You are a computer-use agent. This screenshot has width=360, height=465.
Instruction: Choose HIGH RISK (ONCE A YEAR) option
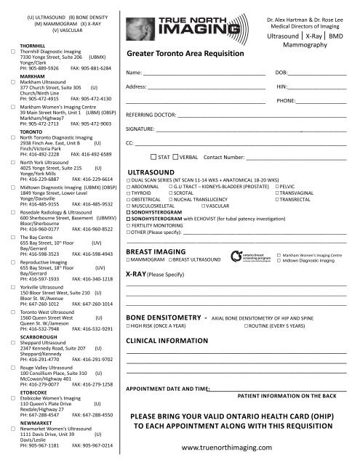coord(129,328)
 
